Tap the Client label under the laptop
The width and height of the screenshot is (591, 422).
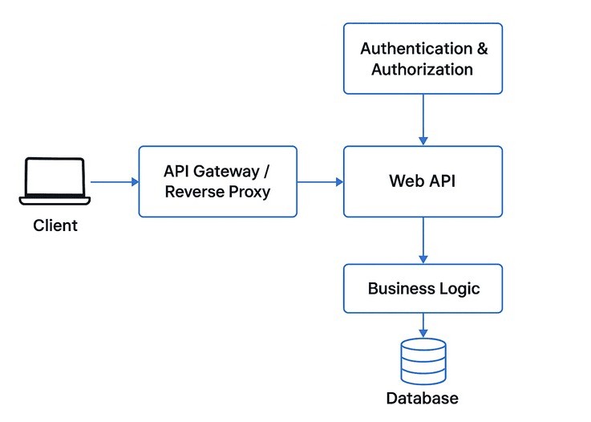(x=55, y=225)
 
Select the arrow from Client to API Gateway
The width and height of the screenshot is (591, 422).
(x=114, y=182)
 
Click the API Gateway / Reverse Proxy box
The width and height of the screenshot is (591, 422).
(x=217, y=181)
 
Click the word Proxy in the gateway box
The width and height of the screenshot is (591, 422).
(x=249, y=193)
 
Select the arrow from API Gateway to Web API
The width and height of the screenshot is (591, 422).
(x=320, y=182)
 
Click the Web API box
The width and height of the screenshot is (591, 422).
(x=423, y=181)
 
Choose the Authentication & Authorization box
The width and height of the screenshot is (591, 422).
(x=423, y=59)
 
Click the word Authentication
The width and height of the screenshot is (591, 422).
(x=416, y=48)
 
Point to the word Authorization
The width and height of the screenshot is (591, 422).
(x=423, y=69)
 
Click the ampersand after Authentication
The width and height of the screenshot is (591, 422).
(x=481, y=48)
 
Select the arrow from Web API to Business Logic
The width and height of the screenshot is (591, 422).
(x=423, y=241)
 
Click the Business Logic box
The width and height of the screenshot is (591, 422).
(x=423, y=288)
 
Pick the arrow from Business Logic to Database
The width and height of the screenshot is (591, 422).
(x=423, y=325)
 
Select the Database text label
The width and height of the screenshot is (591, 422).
(x=423, y=399)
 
